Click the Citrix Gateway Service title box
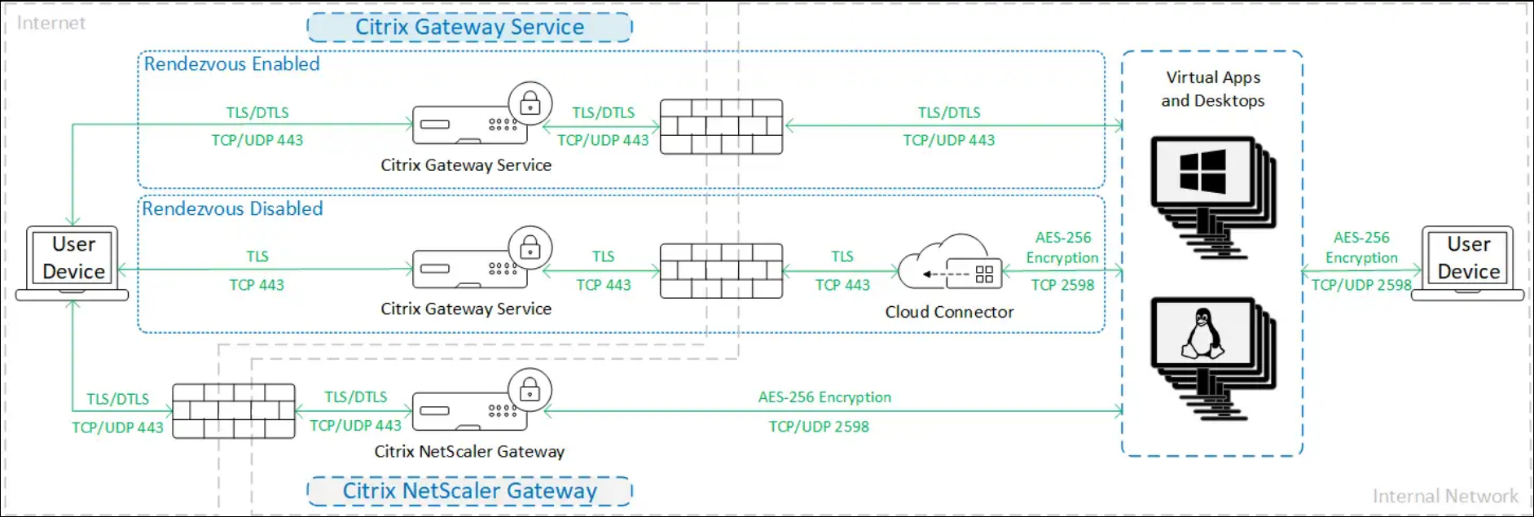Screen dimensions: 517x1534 (469, 27)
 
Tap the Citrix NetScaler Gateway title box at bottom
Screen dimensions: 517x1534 (469, 491)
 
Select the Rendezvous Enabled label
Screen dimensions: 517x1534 (231, 64)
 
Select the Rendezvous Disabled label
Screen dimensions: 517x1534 (232, 208)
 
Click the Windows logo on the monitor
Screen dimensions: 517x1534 (1202, 171)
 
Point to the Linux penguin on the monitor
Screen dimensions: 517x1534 (1202, 334)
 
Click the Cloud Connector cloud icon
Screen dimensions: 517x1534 (950, 264)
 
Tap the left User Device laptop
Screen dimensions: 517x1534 (73, 262)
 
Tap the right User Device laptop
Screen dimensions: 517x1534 (1468, 262)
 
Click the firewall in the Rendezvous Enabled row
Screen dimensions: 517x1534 (721, 127)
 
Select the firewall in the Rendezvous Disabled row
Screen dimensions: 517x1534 (721, 271)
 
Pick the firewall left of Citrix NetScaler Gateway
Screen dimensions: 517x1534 (234, 411)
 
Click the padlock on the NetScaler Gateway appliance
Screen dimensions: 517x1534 (530, 391)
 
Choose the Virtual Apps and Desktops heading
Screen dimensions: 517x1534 (1213, 89)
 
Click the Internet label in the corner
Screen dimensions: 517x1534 (51, 23)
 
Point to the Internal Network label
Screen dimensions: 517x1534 (1445, 496)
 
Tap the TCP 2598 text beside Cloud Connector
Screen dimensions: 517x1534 (1062, 285)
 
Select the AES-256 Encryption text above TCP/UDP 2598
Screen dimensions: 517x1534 (824, 397)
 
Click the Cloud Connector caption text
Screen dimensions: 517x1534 (949, 312)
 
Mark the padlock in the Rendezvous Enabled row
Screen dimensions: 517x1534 (530, 103)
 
